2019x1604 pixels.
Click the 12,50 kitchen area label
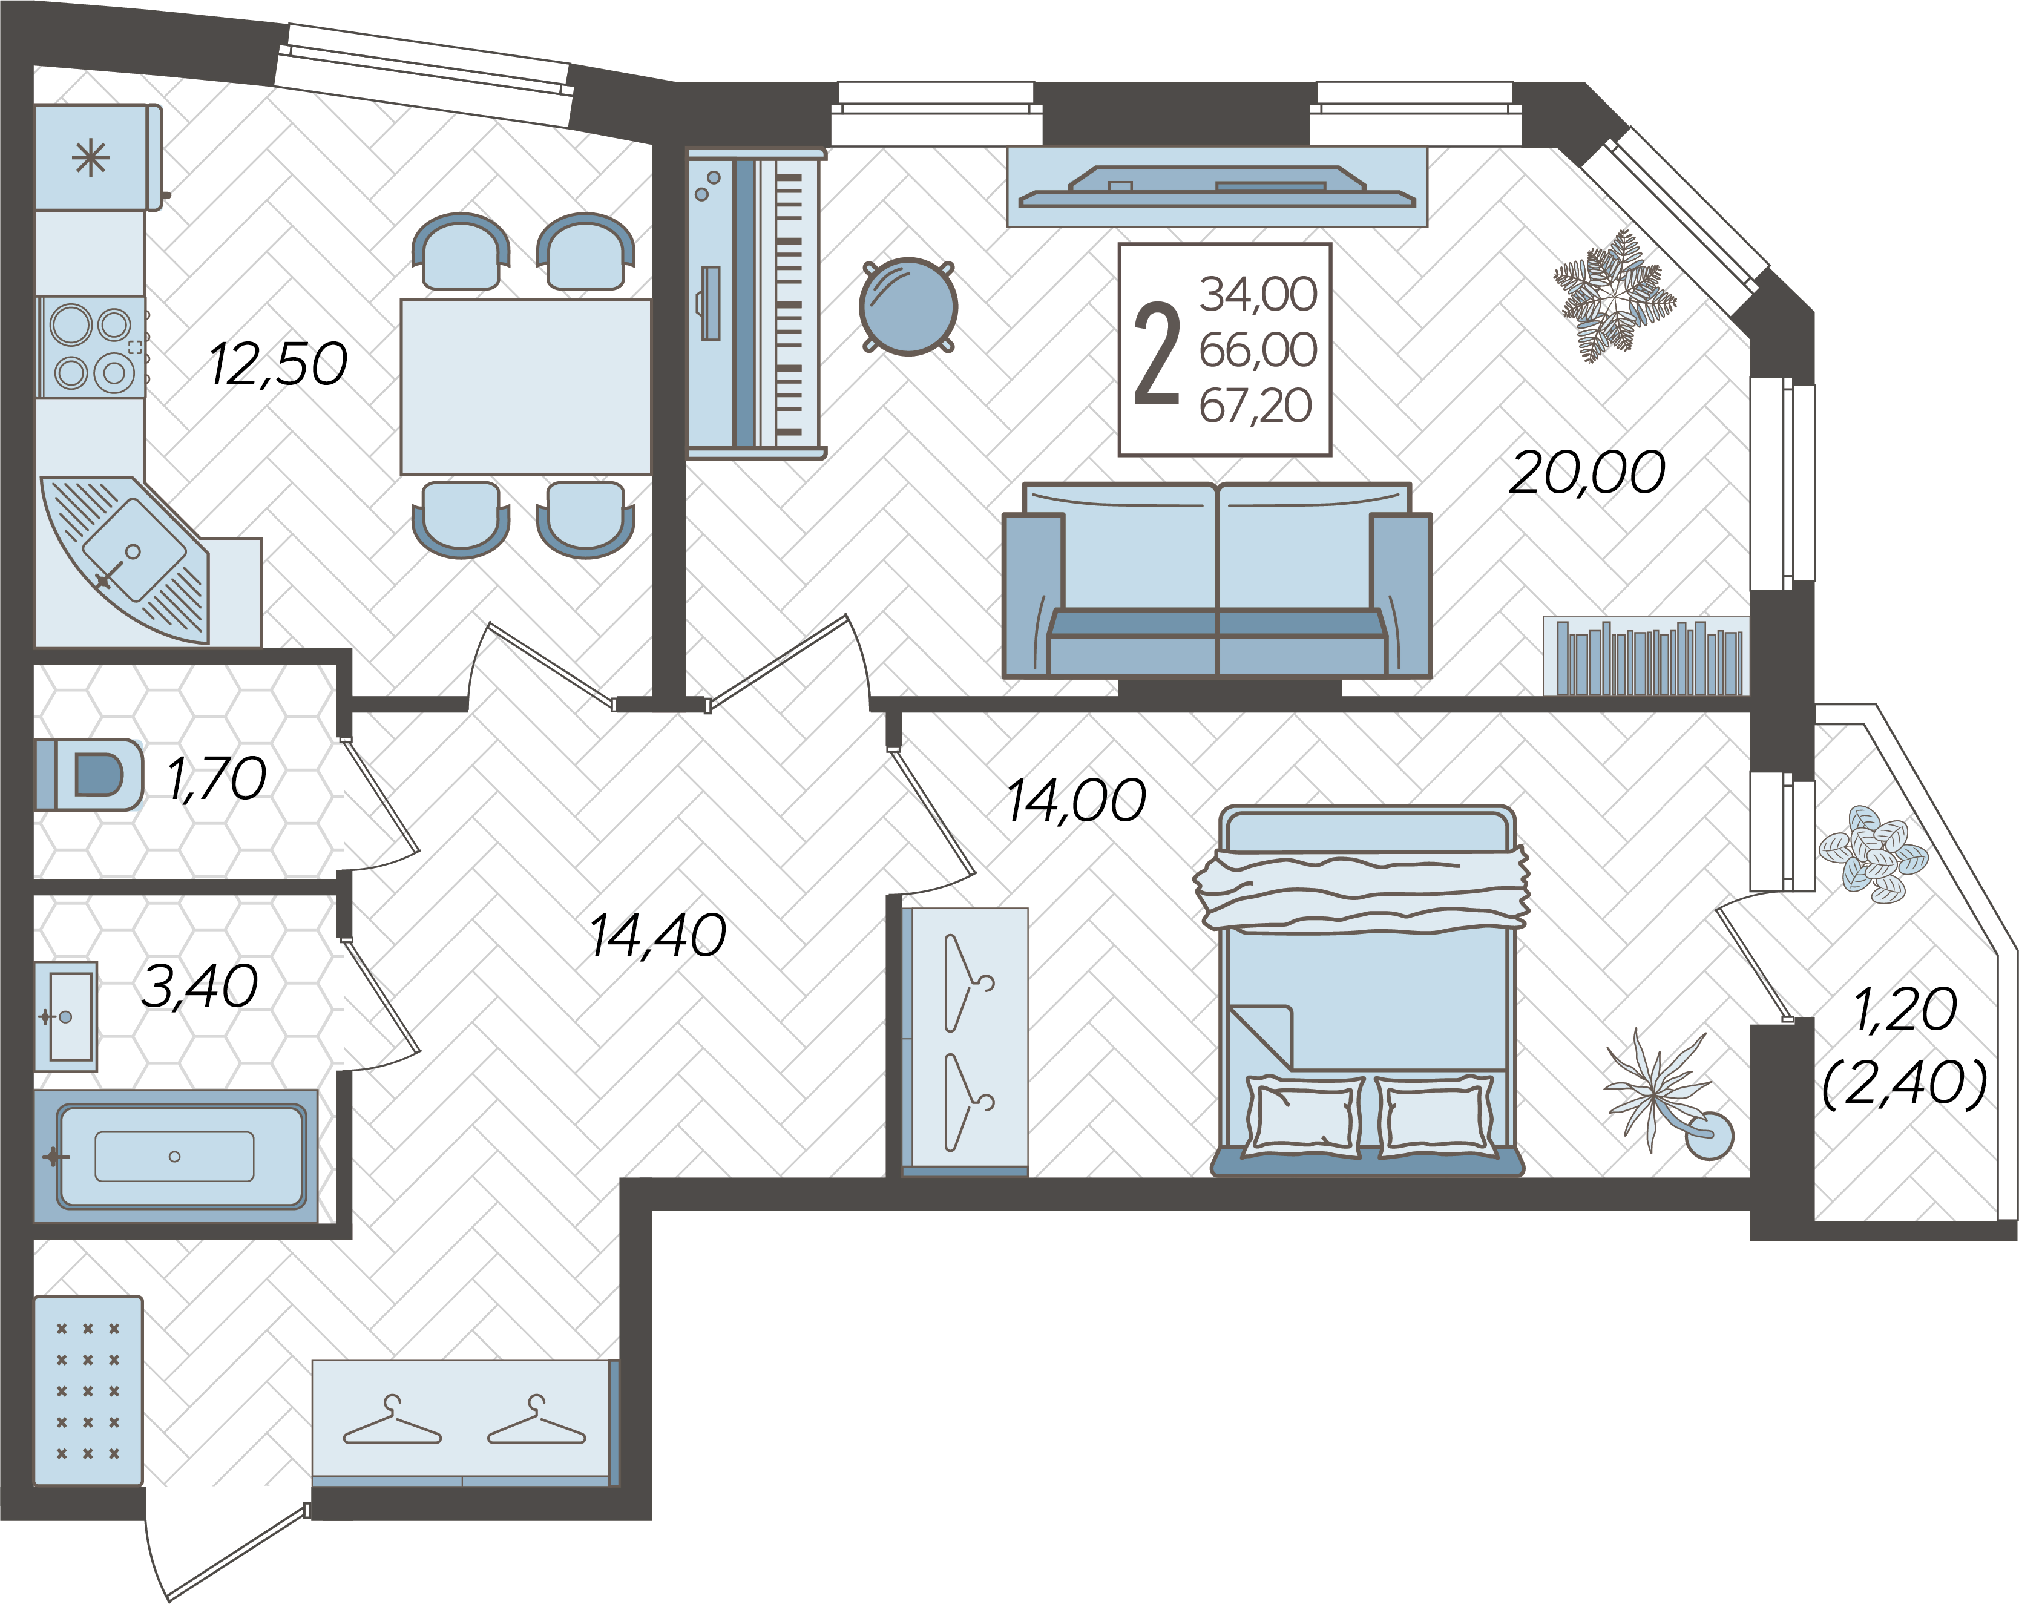(278, 364)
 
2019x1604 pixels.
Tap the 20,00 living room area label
(1587, 472)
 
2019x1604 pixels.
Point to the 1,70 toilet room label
(216, 778)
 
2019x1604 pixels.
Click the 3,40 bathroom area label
(200, 986)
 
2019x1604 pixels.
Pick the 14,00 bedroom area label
(1076, 801)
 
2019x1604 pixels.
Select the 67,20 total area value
(1256, 406)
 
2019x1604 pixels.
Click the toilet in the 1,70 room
(89, 774)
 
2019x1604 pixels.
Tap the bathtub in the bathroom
(176, 1157)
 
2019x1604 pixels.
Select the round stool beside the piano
(907, 306)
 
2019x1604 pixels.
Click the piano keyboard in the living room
(757, 303)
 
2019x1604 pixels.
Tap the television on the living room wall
(1218, 186)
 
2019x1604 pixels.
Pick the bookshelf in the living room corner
(1646, 656)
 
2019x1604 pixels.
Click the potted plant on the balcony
(1873, 853)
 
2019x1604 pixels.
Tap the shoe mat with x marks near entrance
(88, 1390)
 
